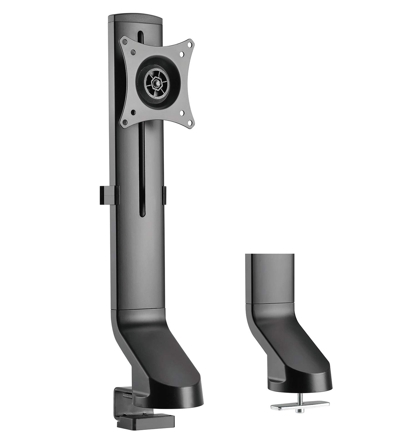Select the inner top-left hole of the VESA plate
tap(133, 52)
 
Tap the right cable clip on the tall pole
tap(164, 195)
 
